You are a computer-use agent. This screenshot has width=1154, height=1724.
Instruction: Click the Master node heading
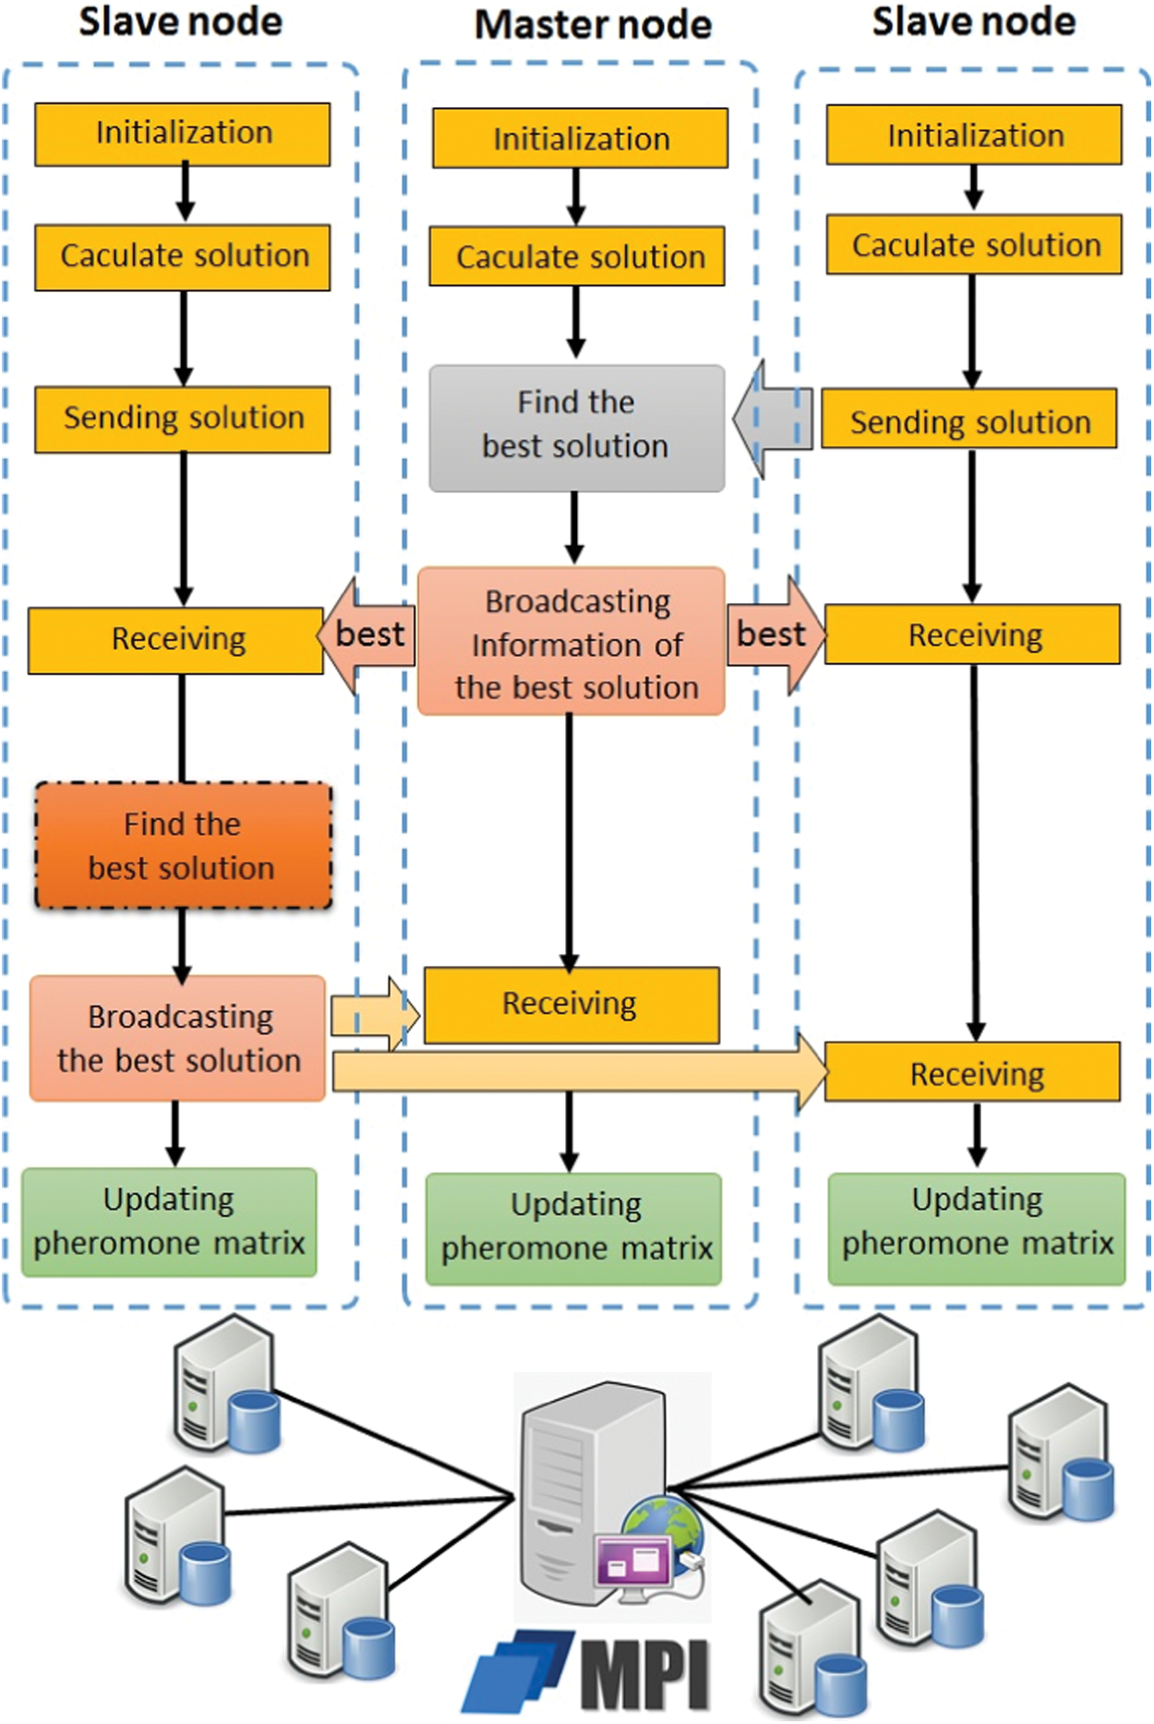tap(593, 25)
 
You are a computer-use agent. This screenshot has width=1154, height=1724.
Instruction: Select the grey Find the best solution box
tap(576, 427)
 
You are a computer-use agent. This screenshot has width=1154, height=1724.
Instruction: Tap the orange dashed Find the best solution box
tap(183, 846)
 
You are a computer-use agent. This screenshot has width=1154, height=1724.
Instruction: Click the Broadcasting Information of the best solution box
tap(571, 643)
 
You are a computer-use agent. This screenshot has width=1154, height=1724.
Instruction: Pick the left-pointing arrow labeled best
tap(366, 635)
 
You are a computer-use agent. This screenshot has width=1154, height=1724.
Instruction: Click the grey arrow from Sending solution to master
tap(774, 420)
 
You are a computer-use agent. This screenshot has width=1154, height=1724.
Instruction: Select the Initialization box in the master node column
tap(581, 139)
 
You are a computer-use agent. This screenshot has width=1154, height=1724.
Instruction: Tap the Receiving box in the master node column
tap(571, 1005)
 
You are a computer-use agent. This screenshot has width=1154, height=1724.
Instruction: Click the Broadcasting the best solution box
tap(178, 1038)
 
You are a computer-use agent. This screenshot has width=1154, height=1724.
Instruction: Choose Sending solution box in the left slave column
tap(183, 418)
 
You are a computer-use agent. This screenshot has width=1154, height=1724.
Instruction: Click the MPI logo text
tap(646, 1674)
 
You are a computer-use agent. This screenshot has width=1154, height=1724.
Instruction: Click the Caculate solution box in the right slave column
tap(975, 245)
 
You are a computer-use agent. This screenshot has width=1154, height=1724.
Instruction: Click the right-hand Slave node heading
tap(973, 22)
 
